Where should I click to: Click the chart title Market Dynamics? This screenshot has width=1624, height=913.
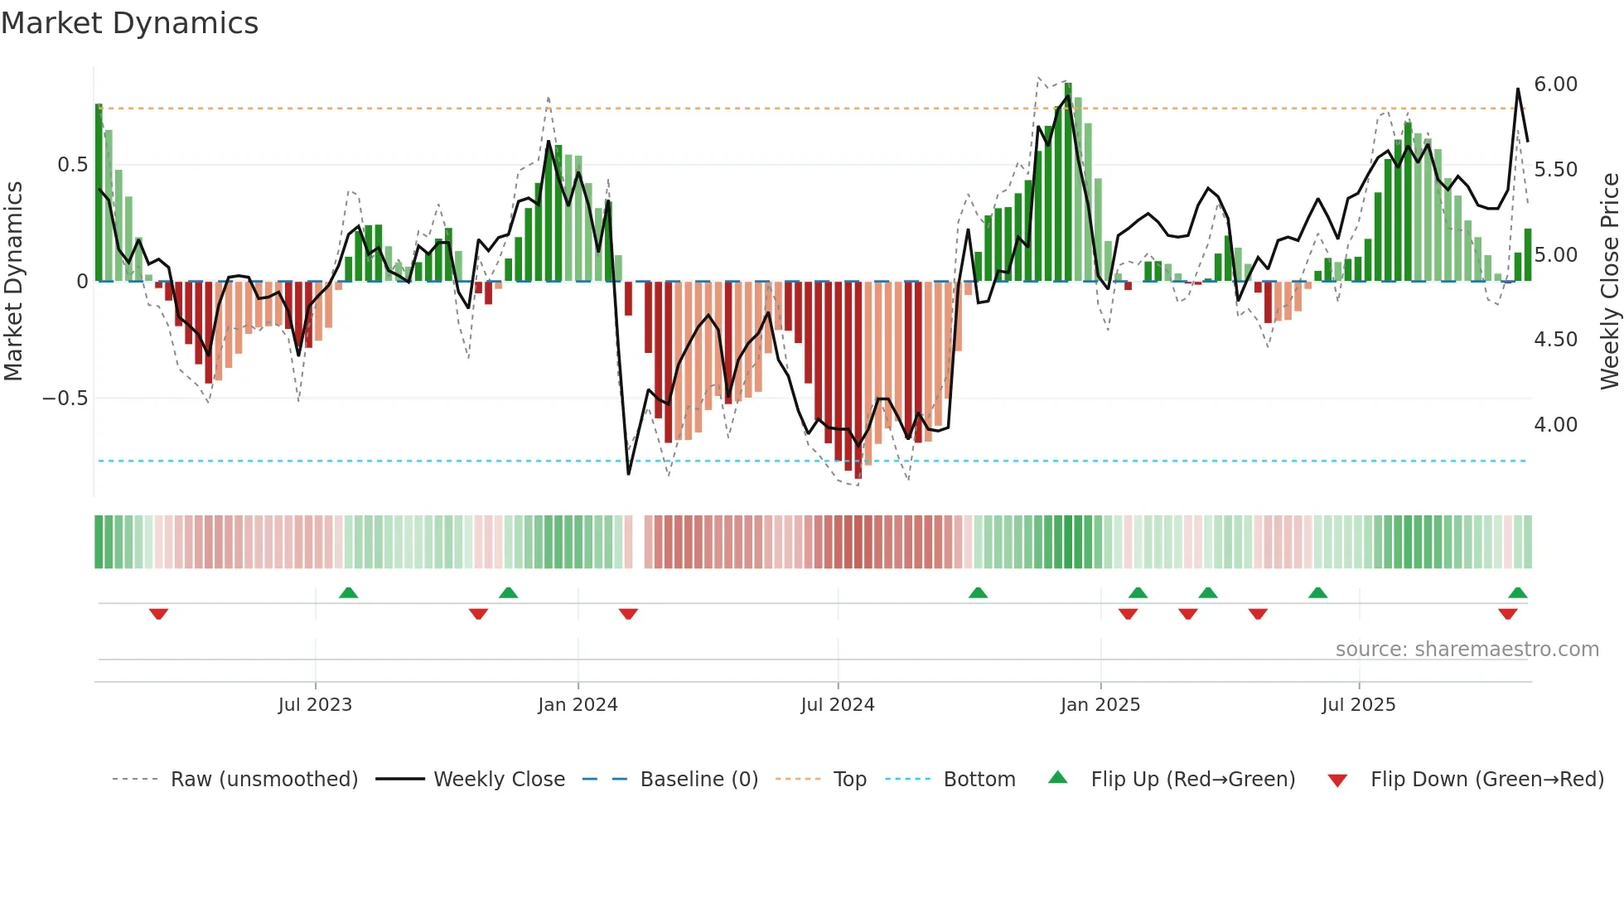tap(129, 23)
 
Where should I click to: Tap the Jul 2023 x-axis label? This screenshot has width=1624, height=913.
tap(315, 705)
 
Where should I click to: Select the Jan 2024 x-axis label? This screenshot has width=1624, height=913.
tap(578, 705)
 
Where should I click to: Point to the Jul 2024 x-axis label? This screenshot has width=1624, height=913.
tap(838, 705)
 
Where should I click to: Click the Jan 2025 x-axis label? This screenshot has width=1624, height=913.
tap(1100, 705)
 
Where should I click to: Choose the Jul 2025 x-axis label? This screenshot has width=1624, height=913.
tap(1359, 705)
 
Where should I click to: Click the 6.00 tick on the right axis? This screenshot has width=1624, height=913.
tap(1555, 85)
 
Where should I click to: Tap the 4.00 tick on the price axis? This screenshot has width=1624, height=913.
tap(1555, 425)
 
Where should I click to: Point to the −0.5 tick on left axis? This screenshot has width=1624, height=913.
tap(65, 399)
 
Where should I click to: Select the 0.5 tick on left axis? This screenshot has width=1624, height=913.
tap(72, 165)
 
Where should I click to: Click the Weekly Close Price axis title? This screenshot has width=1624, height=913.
tap(1609, 281)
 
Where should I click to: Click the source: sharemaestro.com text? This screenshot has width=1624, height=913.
tap(1467, 650)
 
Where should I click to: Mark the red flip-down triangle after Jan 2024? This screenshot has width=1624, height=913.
tap(628, 614)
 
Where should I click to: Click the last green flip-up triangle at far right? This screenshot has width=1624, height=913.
tap(1517, 593)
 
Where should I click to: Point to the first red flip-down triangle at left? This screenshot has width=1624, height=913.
tap(158, 614)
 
